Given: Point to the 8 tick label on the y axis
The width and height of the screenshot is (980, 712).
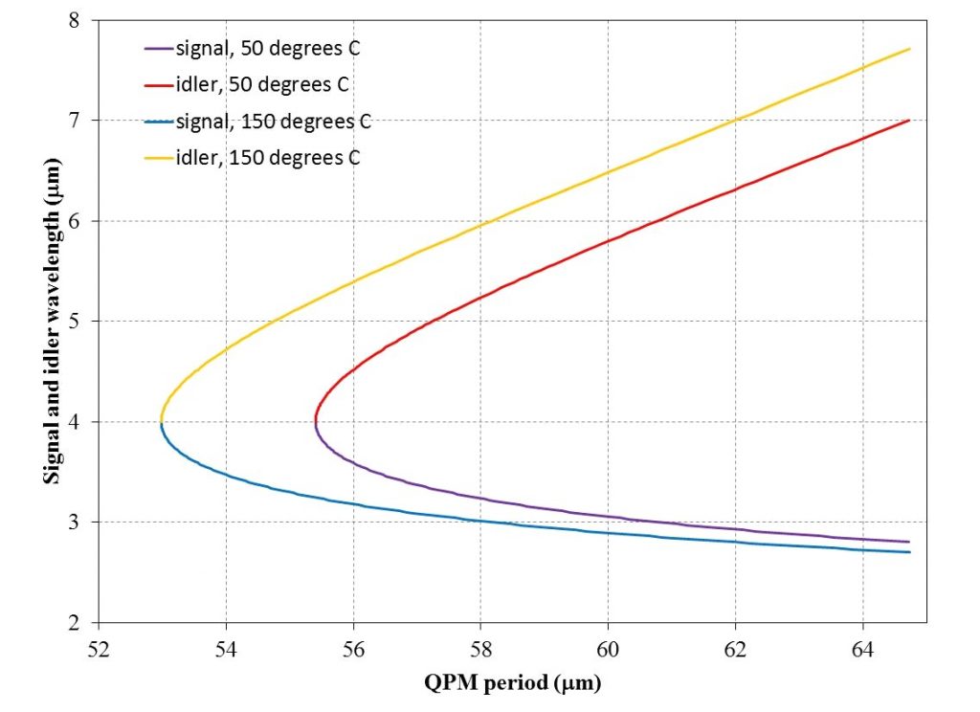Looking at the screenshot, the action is click(75, 20).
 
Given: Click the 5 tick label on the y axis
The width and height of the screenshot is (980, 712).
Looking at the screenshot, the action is click(75, 322).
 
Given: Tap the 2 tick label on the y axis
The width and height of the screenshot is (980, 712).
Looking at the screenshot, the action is click(75, 623).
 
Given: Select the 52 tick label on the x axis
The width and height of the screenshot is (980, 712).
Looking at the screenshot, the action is click(99, 650).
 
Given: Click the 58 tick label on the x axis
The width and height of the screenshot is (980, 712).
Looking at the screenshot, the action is click(480, 650).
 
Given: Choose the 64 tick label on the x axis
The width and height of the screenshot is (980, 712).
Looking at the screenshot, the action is click(862, 650).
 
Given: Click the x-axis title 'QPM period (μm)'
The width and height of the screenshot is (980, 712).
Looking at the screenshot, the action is click(513, 682).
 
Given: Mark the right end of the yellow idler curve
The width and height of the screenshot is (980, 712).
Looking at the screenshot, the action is click(909, 49).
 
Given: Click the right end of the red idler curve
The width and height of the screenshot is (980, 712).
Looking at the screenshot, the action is click(909, 120).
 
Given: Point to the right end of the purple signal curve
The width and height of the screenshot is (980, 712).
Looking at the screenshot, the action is click(909, 542).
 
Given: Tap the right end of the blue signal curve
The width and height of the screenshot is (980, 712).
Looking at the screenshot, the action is click(909, 552).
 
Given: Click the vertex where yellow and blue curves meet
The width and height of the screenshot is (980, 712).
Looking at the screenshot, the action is click(161, 422).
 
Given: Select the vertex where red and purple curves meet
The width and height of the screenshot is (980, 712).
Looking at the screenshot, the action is click(316, 422).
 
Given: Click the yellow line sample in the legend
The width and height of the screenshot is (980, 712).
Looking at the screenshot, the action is click(159, 158).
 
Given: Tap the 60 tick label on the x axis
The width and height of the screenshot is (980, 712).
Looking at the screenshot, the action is click(608, 650).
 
